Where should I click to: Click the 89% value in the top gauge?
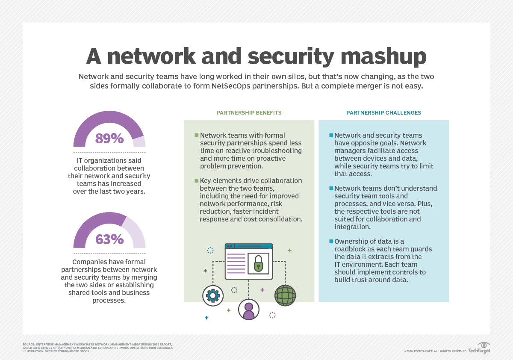pyautogui.click(x=109, y=139)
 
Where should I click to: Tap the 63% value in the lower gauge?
pyautogui.click(x=109, y=239)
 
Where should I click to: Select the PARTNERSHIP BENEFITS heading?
pyautogui.click(x=249, y=113)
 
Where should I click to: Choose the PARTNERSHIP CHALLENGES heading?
pyautogui.click(x=383, y=113)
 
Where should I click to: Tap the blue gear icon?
pyautogui.click(x=213, y=295)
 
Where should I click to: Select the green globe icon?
pyautogui.click(x=285, y=295)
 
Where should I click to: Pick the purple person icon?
pyautogui.click(x=249, y=309)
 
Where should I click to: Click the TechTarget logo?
pyautogui.click(x=479, y=348)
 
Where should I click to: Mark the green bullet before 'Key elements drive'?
pyautogui.click(x=197, y=180)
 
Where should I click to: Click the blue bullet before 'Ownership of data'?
pyautogui.click(x=331, y=242)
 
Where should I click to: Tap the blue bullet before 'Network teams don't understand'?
pyautogui.click(x=331, y=188)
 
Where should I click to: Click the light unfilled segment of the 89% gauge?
pyautogui.click(x=139, y=142)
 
